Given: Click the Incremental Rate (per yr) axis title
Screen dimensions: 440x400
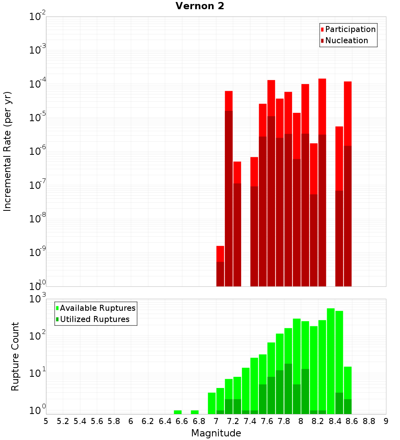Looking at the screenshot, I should point(8,151).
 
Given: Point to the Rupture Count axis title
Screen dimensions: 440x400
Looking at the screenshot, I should point(15,356).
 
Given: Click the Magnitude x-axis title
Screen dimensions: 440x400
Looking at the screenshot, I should point(216,433).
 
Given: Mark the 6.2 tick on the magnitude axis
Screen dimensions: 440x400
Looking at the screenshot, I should point(148,421).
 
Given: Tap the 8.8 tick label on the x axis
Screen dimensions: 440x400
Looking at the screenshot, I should point(369,421).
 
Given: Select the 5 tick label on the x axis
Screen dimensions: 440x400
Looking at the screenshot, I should point(46,421).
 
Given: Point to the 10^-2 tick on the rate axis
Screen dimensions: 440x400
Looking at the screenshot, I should point(38,17).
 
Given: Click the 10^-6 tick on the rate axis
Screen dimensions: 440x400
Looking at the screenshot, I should point(38,152).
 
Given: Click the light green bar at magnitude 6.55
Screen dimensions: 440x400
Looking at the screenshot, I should point(178,412).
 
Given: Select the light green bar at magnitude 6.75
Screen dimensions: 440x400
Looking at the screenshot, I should point(195,412).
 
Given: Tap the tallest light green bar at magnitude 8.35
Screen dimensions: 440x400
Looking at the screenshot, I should point(331,360).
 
